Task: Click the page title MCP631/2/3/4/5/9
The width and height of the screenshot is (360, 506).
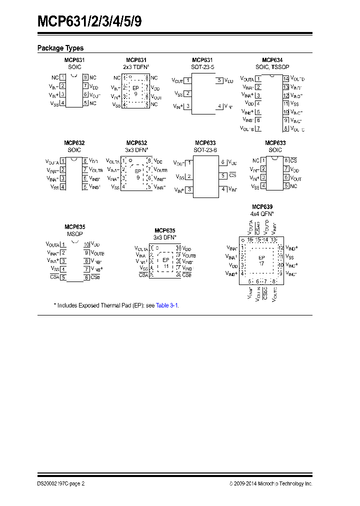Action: [92, 22]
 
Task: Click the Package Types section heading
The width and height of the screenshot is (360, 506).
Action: [60, 48]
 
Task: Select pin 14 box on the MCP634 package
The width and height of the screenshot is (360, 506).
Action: [286, 79]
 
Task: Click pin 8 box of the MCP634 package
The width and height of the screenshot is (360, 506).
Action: [286, 129]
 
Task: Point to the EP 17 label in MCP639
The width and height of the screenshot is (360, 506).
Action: [261, 260]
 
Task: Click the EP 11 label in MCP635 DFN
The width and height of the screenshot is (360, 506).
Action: [166, 263]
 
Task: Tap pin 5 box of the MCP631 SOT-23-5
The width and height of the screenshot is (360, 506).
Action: [219, 80]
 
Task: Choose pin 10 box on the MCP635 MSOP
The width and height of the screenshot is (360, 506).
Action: [86, 244]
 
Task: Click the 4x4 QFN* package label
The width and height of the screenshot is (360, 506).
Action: [262, 213]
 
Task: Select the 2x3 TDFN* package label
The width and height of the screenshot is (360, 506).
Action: [136, 66]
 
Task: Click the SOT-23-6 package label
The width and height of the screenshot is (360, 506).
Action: [205, 150]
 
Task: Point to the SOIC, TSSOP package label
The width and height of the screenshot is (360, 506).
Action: [272, 66]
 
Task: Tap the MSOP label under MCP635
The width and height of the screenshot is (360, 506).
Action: [74, 233]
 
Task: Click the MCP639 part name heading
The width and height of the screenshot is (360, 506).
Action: [262, 206]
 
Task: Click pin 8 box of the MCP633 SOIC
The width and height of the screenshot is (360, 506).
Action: [286, 160]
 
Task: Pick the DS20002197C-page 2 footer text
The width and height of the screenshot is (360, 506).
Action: [61, 484]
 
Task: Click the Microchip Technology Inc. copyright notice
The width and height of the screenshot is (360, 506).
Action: [270, 484]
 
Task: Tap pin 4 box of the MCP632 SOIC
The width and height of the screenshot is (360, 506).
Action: [62, 186]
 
